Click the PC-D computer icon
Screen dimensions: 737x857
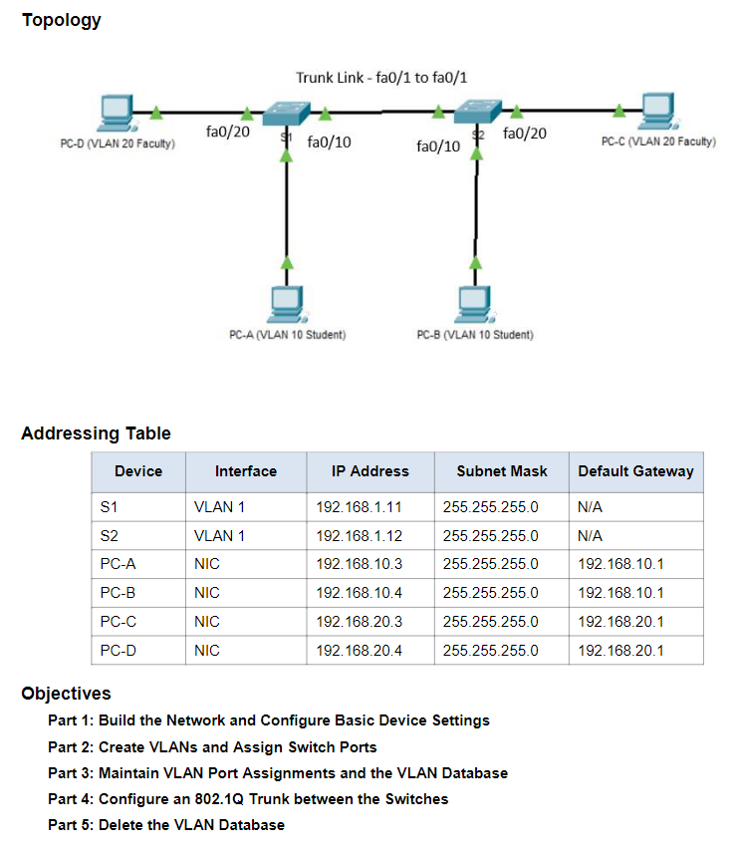click(x=117, y=114)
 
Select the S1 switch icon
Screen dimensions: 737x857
click(x=286, y=114)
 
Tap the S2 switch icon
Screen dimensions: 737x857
click(x=477, y=112)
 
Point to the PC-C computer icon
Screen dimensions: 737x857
click(x=657, y=111)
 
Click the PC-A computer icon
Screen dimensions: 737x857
click(x=287, y=304)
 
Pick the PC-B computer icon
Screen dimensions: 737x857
click(x=475, y=304)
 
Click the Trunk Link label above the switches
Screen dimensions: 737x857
click(x=381, y=78)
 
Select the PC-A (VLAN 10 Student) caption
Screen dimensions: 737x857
click(x=288, y=335)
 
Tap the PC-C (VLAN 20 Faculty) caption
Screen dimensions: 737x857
click(x=658, y=142)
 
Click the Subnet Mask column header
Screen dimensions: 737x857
click(x=502, y=471)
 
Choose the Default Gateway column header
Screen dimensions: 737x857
click(x=636, y=471)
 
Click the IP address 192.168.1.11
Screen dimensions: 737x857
click(x=359, y=507)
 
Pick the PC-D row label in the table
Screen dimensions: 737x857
click(x=118, y=651)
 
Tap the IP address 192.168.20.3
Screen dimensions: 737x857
click(x=359, y=622)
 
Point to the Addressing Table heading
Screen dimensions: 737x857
click(x=97, y=433)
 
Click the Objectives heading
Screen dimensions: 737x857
click(x=66, y=693)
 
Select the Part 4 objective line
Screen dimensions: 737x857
click(x=248, y=799)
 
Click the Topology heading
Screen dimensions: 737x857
click(x=61, y=20)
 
